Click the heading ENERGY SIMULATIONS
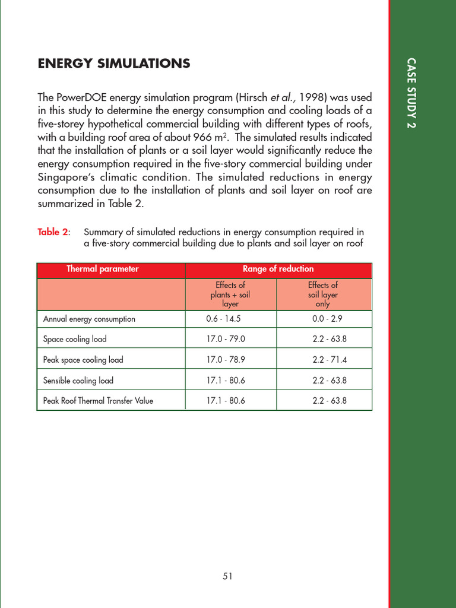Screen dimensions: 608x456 (114, 64)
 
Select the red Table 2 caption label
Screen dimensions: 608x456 (53, 232)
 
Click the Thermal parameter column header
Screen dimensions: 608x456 (102, 269)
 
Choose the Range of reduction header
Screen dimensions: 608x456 (278, 269)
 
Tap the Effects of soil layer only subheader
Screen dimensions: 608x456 (322, 294)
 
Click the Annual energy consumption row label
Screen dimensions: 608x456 (89, 319)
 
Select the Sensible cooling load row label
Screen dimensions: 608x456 (78, 380)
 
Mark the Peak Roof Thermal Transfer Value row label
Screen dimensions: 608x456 (98, 401)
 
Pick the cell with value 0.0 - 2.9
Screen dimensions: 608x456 (327, 319)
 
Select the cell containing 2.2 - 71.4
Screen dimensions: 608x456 (330, 360)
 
